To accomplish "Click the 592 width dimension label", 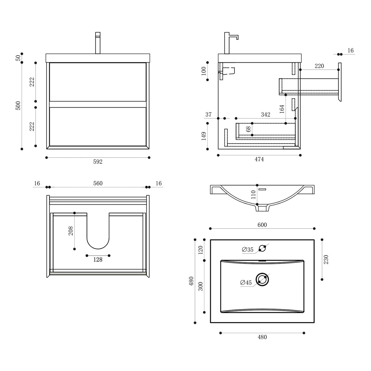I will point(97,162).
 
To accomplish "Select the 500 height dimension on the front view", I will point(18,105).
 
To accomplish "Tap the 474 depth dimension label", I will point(259,159).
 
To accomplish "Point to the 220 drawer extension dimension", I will point(319,66).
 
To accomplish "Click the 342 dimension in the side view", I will point(265,115).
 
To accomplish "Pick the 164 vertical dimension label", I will point(282,109).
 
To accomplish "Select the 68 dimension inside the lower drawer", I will point(248,129).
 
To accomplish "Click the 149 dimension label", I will point(204,136).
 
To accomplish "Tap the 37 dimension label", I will point(208,115).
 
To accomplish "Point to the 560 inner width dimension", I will point(98,183).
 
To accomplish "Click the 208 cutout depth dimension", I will point(71,231).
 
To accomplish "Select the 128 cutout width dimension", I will point(98,260).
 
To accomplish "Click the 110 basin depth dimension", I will point(253,195).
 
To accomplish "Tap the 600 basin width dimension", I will point(262,225).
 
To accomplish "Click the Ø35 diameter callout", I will point(248,250).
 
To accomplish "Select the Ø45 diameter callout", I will point(246,283).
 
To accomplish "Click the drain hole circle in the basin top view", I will point(262,279).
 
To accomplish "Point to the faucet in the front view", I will point(98,43).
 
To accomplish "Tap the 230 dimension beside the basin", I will point(326,259).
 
